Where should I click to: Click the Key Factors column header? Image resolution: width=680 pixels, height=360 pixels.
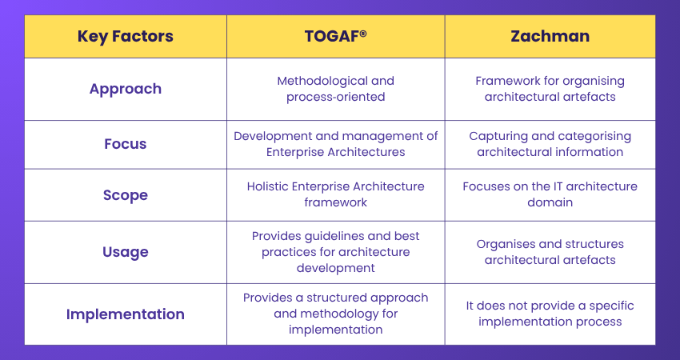(x=125, y=36)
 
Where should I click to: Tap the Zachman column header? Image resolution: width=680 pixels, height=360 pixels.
(x=550, y=36)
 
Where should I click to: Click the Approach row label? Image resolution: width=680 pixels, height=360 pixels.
(x=125, y=89)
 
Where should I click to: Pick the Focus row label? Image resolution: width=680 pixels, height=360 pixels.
(x=125, y=144)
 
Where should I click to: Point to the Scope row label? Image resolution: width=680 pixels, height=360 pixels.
(x=125, y=194)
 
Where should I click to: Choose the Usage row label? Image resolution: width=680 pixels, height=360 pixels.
(x=125, y=252)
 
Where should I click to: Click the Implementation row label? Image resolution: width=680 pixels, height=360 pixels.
(x=125, y=314)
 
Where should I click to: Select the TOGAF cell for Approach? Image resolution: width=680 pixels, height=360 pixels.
(x=335, y=89)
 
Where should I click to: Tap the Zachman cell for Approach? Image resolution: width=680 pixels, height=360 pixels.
(x=550, y=89)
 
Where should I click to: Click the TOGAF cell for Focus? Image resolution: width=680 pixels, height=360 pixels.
(x=335, y=144)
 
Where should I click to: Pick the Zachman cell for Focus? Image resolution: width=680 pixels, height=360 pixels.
(x=550, y=144)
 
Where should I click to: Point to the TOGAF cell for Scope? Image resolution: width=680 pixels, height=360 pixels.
(x=335, y=194)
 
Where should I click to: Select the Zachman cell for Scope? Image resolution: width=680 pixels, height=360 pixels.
(x=550, y=194)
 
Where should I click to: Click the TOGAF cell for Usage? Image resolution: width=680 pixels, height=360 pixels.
(x=335, y=252)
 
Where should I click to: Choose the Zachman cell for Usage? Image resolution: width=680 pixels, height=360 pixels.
(x=550, y=252)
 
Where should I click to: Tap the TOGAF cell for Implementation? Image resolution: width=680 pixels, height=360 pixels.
(x=335, y=314)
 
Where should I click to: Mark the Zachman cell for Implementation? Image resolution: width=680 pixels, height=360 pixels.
(x=550, y=314)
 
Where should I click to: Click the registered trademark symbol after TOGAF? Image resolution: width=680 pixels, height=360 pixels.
(x=363, y=33)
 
